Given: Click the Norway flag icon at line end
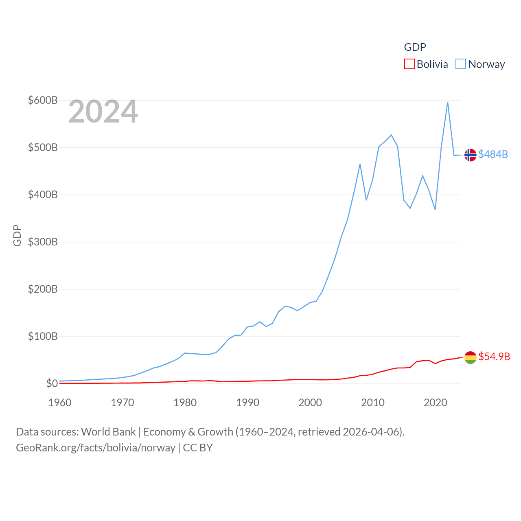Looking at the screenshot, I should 470,155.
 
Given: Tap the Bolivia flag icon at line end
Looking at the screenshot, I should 470,357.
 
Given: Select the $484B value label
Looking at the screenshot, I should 493,155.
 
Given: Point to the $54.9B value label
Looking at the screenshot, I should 494,357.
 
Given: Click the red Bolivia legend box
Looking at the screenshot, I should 409,64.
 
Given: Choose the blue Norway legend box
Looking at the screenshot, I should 461,64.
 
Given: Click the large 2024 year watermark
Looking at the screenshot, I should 103,112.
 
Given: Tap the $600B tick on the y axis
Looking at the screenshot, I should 43,100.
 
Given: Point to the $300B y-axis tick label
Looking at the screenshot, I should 43,242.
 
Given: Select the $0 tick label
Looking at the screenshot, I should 52,383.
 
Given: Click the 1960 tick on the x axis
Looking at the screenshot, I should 60,403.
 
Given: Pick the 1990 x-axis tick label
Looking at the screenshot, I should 247,403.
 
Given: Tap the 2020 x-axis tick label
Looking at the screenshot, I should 435,403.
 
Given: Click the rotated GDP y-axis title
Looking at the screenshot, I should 17,235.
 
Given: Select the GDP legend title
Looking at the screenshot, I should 415,47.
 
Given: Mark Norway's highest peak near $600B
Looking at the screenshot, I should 448,102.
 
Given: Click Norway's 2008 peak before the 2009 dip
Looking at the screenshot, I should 360,164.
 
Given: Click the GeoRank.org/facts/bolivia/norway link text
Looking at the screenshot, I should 96,448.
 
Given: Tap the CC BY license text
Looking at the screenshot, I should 198,448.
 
